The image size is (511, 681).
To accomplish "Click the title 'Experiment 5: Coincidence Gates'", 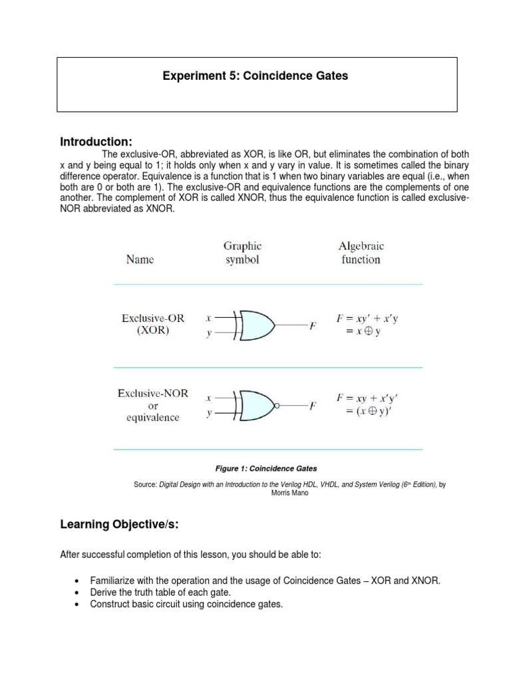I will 255,76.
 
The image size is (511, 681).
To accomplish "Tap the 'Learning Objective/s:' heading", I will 120,525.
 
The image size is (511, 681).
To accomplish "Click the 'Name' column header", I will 140,259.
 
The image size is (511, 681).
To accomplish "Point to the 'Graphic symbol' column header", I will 242,253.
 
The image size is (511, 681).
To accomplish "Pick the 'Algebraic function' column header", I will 360,253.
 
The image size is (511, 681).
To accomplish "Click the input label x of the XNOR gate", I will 208,398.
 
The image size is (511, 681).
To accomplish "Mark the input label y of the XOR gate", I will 208,334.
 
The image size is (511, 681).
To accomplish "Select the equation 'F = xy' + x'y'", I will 367,319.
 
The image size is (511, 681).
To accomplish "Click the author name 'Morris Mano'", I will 289,493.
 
